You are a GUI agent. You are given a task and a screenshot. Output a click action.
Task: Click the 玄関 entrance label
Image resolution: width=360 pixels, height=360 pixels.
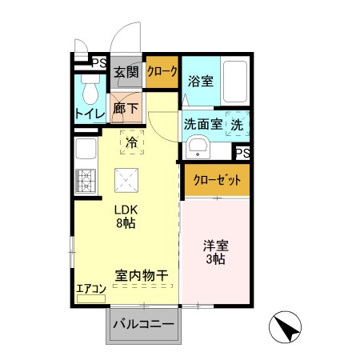(x=126, y=72)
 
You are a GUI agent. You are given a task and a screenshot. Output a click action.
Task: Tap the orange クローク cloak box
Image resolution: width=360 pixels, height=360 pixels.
(x=162, y=71)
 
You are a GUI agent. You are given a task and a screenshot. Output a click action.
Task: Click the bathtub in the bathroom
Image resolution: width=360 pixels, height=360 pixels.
(x=233, y=82)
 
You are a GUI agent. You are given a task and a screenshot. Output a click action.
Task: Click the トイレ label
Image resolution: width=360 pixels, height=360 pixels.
(x=89, y=114)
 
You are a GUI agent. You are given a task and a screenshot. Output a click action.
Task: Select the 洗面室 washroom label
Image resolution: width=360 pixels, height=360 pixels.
(x=203, y=124)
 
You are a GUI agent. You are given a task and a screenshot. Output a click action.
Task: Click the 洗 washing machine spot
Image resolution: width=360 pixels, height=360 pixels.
(x=238, y=124)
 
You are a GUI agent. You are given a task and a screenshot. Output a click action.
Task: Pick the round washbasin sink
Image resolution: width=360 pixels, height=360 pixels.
(x=198, y=147)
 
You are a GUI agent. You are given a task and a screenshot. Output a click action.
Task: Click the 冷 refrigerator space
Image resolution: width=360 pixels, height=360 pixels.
(x=131, y=142)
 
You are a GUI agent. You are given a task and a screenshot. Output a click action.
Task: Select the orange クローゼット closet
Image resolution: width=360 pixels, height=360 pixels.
(x=217, y=180)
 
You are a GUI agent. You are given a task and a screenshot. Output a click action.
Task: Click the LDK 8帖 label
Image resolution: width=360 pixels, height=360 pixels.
(x=124, y=216)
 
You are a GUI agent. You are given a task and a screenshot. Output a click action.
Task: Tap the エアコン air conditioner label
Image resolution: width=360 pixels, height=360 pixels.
(x=91, y=289)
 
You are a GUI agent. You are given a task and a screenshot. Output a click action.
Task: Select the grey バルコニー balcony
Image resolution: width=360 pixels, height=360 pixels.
(x=143, y=325)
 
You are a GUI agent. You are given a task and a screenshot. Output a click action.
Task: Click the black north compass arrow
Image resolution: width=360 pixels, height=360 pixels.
(x=289, y=327)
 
